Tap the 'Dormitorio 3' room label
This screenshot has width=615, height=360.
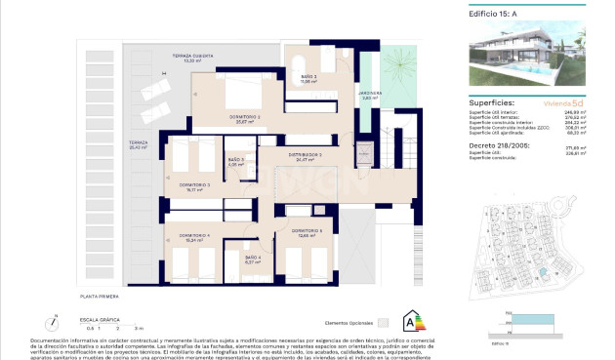point(195,184)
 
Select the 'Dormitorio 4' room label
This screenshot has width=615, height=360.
point(195,235)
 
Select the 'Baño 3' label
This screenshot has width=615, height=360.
point(235,161)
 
